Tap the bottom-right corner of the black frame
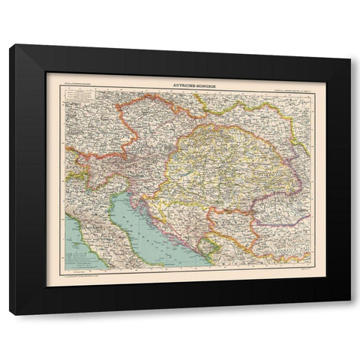coord(349,313)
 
